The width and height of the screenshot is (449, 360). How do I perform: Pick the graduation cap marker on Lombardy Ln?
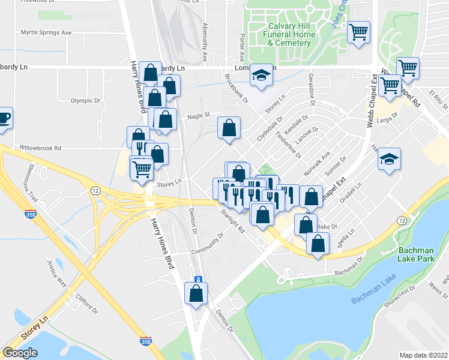(261, 76)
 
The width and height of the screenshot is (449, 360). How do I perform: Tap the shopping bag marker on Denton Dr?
(196, 294)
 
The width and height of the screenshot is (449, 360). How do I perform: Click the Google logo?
(20, 353)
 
